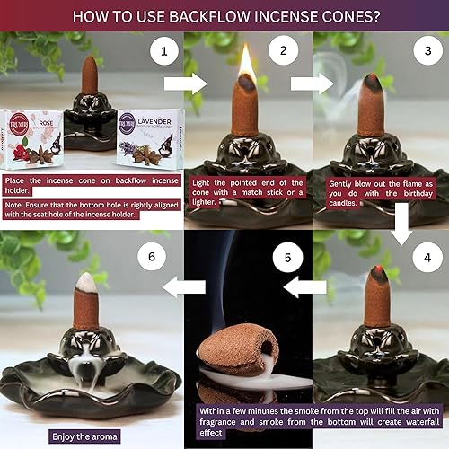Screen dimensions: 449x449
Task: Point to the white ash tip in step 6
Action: tap(88, 281)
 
